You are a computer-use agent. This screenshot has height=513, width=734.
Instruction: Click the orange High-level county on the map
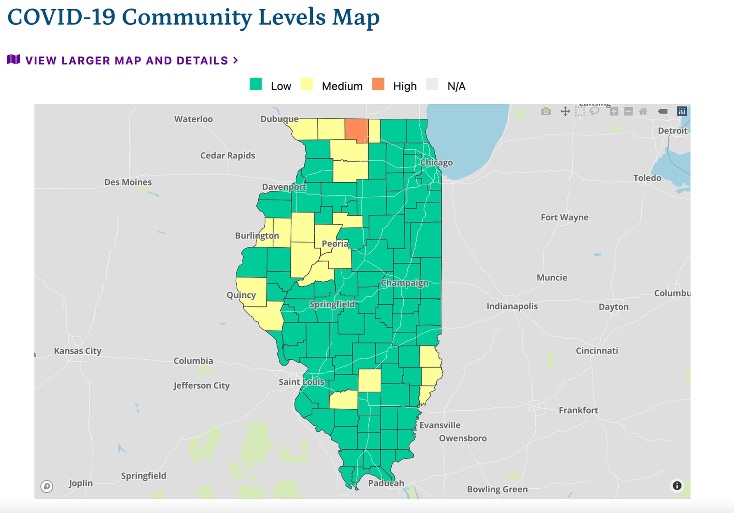[356, 131]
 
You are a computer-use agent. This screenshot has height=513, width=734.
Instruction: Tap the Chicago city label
[436, 162]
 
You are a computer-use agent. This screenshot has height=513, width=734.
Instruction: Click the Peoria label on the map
[335, 244]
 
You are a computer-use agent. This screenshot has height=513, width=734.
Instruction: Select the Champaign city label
[404, 283]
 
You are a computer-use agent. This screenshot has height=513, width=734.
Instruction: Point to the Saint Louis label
[301, 382]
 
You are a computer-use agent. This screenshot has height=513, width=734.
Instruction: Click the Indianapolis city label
[512, 306]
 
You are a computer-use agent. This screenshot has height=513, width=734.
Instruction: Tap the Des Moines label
[128, 182]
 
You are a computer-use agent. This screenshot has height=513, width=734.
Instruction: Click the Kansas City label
[78, 351]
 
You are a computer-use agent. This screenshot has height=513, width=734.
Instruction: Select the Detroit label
[673, 131]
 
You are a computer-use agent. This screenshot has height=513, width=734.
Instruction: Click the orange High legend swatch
[378, 84]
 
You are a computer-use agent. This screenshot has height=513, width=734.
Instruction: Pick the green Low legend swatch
[256, 84]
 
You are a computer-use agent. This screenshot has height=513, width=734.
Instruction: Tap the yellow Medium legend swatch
[307, 84]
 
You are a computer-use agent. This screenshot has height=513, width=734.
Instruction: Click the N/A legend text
[456, 86]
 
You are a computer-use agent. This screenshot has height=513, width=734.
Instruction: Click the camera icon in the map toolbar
[545, 112]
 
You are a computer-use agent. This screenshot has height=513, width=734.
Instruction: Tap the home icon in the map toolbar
[643, 112]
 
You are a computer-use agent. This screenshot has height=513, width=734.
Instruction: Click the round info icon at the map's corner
[677, 485]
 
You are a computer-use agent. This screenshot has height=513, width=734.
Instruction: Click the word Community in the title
[187, 17]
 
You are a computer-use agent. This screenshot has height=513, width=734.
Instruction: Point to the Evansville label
[439, 425]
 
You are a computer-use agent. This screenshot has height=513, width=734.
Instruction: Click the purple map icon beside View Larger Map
[13, 60]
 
